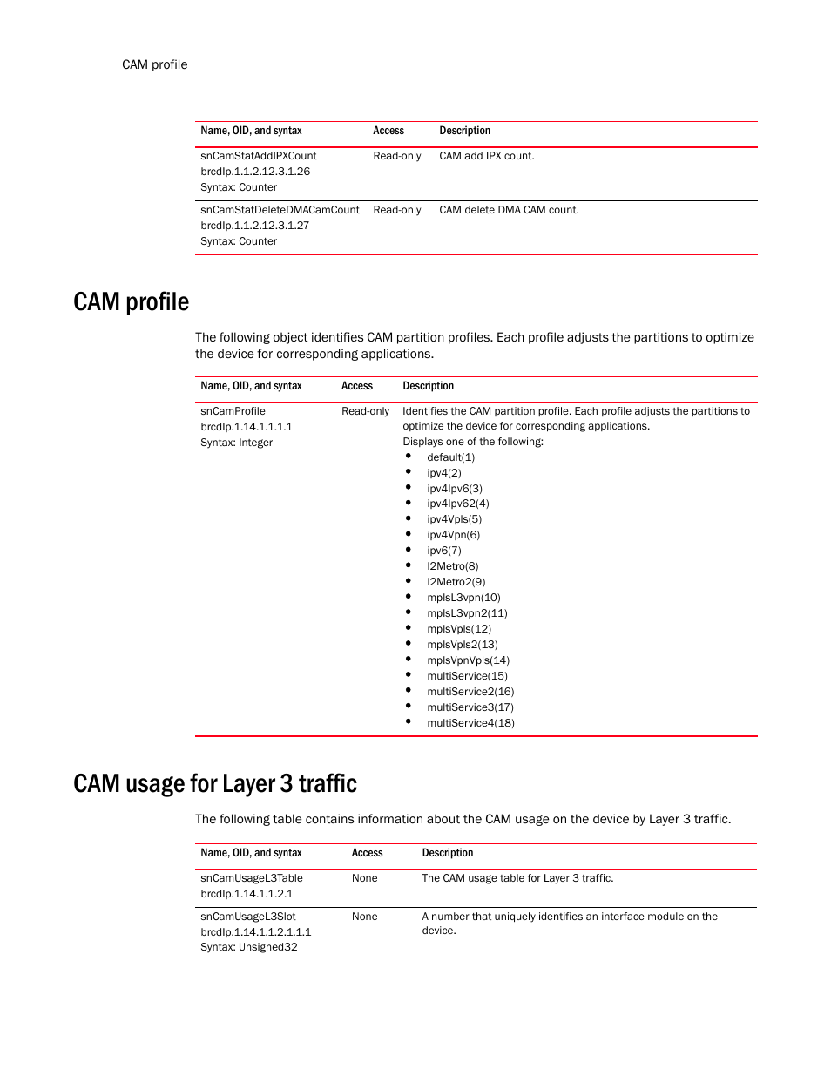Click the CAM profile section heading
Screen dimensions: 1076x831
(x=131, y=302)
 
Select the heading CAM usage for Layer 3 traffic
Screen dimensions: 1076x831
(x=215, y=784)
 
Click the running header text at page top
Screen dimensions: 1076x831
(x=154, y=64)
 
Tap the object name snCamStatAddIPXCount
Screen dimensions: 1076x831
(x=258, y=156)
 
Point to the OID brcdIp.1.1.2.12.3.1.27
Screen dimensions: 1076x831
(x=254, y=226)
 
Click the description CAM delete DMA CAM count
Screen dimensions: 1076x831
(x=509, y=210)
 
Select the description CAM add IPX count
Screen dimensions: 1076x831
(x=486, y=156)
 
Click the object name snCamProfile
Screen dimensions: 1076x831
(x=233, y=411)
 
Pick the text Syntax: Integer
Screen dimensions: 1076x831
(x=236, y=443)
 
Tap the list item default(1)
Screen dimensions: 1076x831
(x=450, y=457)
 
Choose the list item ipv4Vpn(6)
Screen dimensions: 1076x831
(x=453, y=535)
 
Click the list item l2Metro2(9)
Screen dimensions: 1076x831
(x=456, y=582)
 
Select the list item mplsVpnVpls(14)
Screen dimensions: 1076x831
(x=468, y=660)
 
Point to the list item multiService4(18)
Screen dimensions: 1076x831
(x=470, y=723)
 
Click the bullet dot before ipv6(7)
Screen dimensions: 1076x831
(x=408, y=550)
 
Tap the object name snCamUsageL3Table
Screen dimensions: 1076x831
(x=251, y=878)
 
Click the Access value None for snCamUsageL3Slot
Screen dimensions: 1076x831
(x=364, y=917)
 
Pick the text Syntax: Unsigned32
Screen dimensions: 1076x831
(x=248, y=947)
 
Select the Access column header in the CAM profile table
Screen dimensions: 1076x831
(x=356, y=386)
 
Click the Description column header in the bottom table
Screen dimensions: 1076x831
(x=447, y=853)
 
